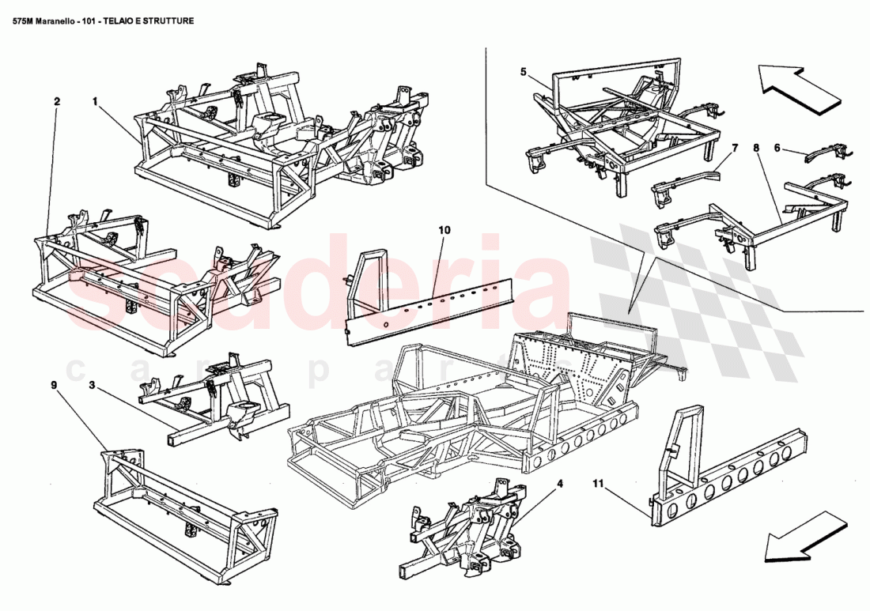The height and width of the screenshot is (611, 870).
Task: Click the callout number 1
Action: click(x=95, y=101)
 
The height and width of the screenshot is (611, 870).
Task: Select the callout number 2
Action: click(x=56, y=101)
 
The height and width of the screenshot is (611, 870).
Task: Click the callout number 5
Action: click(x=524, y=72)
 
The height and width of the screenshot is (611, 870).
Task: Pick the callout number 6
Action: click(x=777, y=147)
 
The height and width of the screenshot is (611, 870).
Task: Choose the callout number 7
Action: click(x=734, y=148)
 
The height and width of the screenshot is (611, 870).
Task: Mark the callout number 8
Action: click(x=756, y=148)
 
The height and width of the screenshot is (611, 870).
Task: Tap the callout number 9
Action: click(x=54, y=386)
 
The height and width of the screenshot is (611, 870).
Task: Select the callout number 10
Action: click(x=444, y=230)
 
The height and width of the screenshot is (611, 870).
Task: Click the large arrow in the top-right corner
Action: click(x=797, y=86)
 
